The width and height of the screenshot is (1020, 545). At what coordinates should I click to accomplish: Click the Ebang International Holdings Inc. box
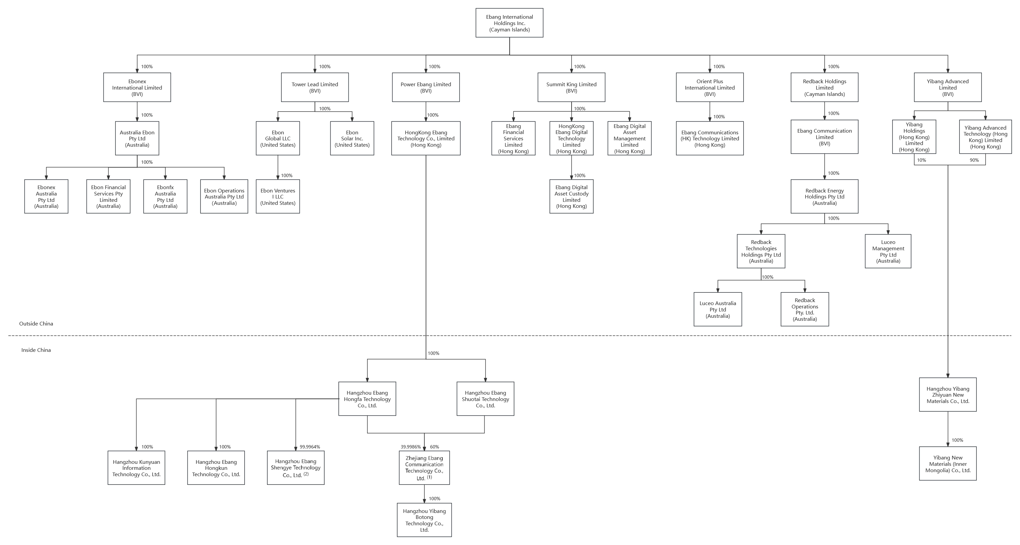click(509, 23)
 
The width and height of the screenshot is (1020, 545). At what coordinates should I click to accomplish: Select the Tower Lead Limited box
click(315, 88)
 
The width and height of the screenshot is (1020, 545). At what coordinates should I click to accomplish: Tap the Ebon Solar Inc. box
click(352, 138)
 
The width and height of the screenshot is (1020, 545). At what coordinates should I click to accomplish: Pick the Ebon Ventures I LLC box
click(277, 196)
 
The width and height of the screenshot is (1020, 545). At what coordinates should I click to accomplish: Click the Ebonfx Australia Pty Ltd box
click(165, 196)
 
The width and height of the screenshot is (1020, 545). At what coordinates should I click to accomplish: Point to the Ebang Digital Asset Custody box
click(571, 196)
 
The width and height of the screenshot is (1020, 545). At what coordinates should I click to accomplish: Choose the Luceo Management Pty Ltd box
click(888, 252)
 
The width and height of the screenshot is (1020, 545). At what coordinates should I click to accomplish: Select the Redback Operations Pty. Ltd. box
click(804, 309)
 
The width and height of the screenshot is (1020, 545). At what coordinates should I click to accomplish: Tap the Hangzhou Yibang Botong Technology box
click(424, 520)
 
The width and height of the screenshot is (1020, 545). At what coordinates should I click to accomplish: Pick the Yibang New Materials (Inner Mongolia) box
click(947, 463)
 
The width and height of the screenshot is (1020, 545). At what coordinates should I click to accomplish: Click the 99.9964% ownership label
click(310, 447)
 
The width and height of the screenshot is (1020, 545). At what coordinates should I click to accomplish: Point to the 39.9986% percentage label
click(411, 447)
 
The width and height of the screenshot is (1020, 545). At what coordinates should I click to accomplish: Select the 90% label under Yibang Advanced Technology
click(974, 160)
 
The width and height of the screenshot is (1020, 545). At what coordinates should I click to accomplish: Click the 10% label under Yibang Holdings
click(921, 160)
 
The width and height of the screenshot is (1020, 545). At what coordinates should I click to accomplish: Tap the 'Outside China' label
click(36, 323)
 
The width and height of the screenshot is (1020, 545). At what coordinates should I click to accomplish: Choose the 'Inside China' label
click(36, 350)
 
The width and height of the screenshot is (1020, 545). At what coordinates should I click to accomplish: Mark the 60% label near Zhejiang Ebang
click(434, 447)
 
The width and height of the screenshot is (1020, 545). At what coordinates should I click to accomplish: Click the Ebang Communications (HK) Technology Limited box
click(709, 138)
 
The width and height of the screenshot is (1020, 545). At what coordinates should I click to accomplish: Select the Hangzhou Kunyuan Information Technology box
click(136, 468)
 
